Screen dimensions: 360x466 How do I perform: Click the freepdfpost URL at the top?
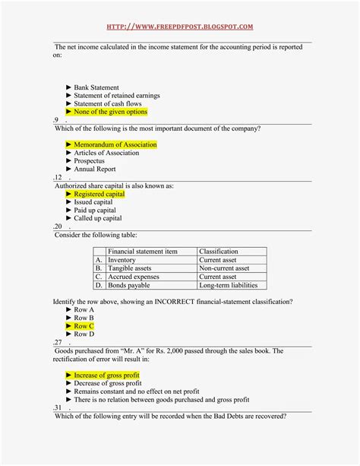pyautogui.click(x=180, y=27)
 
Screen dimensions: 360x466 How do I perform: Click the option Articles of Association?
pyautogui.click(x=106, y=153)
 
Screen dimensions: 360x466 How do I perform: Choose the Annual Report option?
pyautogui.click(x=95, y=170)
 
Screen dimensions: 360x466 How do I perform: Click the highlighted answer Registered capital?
pyautogui.click(x=99, y=194)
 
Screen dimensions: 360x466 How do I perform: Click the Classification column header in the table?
pyautogui.click(x=218, y=252)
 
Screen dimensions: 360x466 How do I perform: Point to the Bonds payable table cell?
pyautogui.click(x=130, y=286)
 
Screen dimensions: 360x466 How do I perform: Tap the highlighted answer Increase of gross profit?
pyautogui.click(x=106, y=376)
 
